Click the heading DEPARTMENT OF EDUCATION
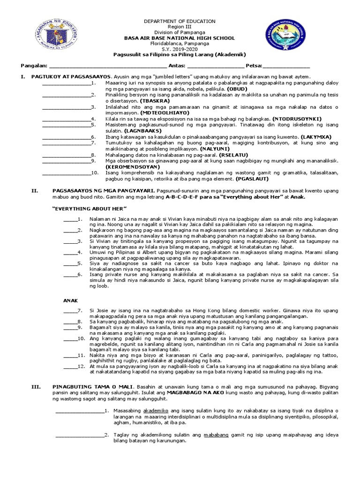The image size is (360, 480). coord(180,21)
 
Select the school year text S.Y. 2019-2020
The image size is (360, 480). coord(180,49)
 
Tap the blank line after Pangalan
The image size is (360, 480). coord(107,66)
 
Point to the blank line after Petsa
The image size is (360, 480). coord(286,66)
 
